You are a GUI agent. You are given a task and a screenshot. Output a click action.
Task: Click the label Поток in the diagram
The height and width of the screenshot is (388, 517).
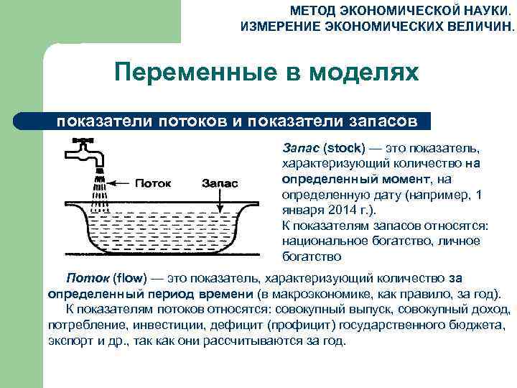tap(153, 182)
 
